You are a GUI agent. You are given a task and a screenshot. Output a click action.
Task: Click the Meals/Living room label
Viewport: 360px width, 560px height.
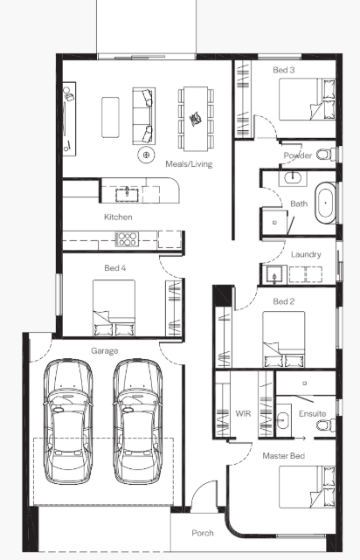tap(189, 164)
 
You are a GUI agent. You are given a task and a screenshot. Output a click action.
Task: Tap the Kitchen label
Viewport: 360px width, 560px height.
tap(118, 217)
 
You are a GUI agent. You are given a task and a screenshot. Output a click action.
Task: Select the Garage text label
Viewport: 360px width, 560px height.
tap(105, 350)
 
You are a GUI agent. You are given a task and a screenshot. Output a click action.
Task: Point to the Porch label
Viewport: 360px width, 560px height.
tap(203, 533)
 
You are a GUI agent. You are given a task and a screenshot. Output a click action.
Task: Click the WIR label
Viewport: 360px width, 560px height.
tap(243, 413)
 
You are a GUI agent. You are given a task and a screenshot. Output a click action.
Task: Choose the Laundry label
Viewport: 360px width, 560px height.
tap(306, 254)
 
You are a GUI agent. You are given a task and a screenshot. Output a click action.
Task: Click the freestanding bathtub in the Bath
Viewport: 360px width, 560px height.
tap(325, 204)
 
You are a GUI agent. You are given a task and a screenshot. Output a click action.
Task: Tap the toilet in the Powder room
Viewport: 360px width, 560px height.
tap(326, 155)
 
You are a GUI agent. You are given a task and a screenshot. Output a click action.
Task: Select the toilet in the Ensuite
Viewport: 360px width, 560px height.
tap(326, 425)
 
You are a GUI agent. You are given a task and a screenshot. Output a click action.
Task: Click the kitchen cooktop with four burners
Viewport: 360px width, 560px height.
tap(127, 239)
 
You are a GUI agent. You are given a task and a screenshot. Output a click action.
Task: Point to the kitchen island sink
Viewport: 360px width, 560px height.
tap(127, 195)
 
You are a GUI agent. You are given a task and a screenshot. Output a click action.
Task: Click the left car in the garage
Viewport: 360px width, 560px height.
tap(68, 422)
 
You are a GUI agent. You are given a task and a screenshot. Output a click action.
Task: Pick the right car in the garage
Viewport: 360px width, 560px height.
tap(137, 422)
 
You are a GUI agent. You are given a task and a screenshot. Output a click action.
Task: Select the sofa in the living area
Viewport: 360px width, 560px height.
tap(143, 116)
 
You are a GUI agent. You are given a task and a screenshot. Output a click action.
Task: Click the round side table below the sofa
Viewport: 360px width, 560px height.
tap(146, 155)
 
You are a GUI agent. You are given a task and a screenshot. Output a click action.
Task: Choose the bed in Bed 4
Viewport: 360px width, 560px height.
tap(114, 308)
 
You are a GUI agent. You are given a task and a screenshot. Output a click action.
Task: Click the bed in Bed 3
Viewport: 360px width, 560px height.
tap(308, 100)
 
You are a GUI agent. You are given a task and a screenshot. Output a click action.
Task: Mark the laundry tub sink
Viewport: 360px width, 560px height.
tap(274, 274)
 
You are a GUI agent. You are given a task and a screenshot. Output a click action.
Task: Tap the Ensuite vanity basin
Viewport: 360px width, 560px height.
tap(283, 420)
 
